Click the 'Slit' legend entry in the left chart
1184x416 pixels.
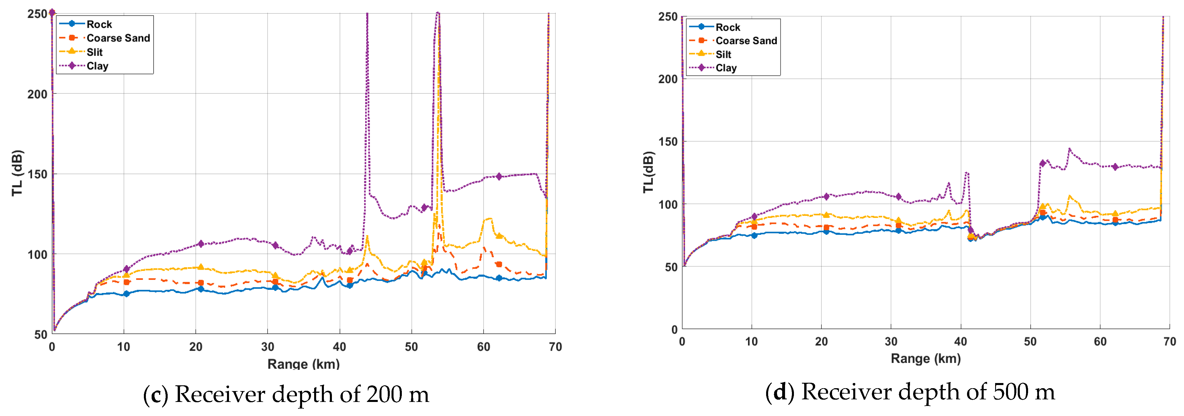coord(94,52)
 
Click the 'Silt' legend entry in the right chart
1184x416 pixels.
coord(723,54)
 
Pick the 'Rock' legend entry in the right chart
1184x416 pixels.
coord(728,27)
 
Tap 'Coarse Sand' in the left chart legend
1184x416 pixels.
coord(118,38)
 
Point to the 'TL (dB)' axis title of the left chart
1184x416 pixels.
coord(17,173)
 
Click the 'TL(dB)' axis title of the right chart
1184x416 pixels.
coord(648,172)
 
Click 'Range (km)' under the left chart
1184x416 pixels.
coord(303,364)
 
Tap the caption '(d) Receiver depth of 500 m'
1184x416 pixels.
coord(910,392)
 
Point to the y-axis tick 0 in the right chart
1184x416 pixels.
coord(674,329)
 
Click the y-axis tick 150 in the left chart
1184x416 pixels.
coord(38,174)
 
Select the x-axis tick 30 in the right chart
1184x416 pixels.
coord(891,341)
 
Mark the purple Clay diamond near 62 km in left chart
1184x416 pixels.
coord(499,177)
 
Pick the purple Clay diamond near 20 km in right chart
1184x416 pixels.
coord(826,196)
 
